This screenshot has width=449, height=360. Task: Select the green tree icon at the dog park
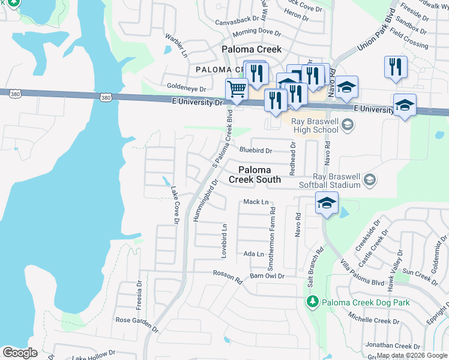(x=312, y=302)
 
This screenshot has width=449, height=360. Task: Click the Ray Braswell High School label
(x=316, y=125)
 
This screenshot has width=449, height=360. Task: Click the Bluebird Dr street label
(x=256, y=151)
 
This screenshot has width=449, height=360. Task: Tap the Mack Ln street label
(x=256, y=202)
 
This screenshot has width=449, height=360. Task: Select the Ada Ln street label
(x=253, y=254)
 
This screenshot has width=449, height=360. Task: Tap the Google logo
(x=20, y=353)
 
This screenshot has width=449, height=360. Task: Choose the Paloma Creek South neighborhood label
(x=255, y=175)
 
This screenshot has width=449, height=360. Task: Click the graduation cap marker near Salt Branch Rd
(x=327, y=205)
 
